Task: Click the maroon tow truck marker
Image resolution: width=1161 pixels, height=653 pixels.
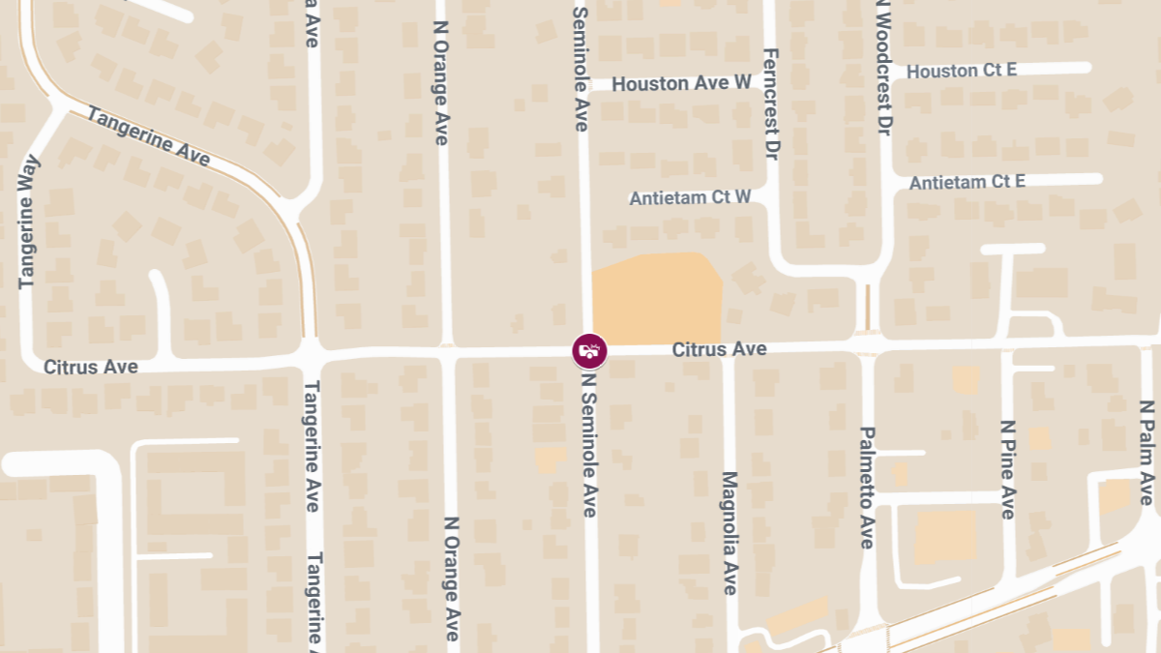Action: pos(589,350)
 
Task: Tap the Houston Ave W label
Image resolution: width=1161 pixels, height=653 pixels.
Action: pos(681,83)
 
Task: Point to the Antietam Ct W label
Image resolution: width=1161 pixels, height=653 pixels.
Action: pos(690,197)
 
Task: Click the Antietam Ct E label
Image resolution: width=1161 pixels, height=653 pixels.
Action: pos(967,182)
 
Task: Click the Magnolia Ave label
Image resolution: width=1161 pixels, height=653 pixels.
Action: pos(730,533)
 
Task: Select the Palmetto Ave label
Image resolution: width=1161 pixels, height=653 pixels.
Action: pos(867,488)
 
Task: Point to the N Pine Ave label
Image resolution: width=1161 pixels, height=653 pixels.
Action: pos(1008,469)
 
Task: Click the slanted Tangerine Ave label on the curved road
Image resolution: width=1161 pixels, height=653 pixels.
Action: pos(148,136)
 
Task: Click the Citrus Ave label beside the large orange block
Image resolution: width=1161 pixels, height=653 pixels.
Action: pos(719,348)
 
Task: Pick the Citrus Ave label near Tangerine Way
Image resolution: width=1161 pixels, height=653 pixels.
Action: pos(90,367)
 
